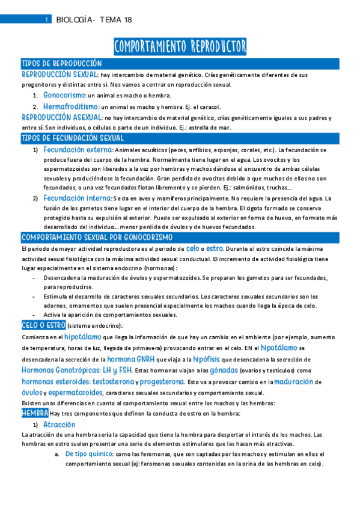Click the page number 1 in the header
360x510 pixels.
click(47, 20)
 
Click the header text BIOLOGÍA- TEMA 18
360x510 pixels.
click(94, 20)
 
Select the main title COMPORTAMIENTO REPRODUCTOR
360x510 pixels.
click(180, 46)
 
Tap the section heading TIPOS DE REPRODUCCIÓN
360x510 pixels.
click(61, 64)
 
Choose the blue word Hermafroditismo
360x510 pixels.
click(71, 106)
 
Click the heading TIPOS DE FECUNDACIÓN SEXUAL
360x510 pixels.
click(73, 138)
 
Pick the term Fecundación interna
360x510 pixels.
click(77, 197)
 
